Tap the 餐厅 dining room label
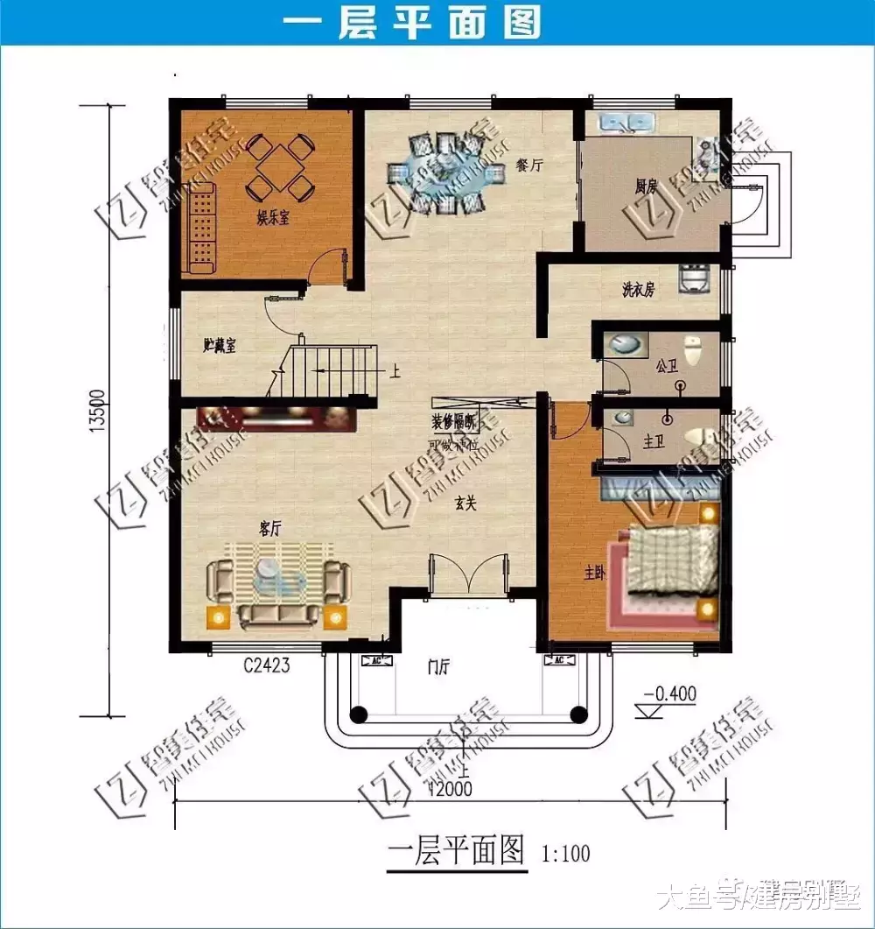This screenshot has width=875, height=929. coord(528,165)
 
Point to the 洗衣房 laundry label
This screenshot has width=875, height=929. coord(638,291)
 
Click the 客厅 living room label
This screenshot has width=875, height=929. coord(272,528)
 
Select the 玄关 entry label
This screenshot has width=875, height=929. coord(465,503)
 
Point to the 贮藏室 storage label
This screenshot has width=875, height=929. coord(220,345)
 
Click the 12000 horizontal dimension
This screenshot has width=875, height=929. coord(450,788)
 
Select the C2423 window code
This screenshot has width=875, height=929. coord(267,666)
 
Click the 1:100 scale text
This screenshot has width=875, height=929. coord(566,853)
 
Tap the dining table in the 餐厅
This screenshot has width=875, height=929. coord(447,173)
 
